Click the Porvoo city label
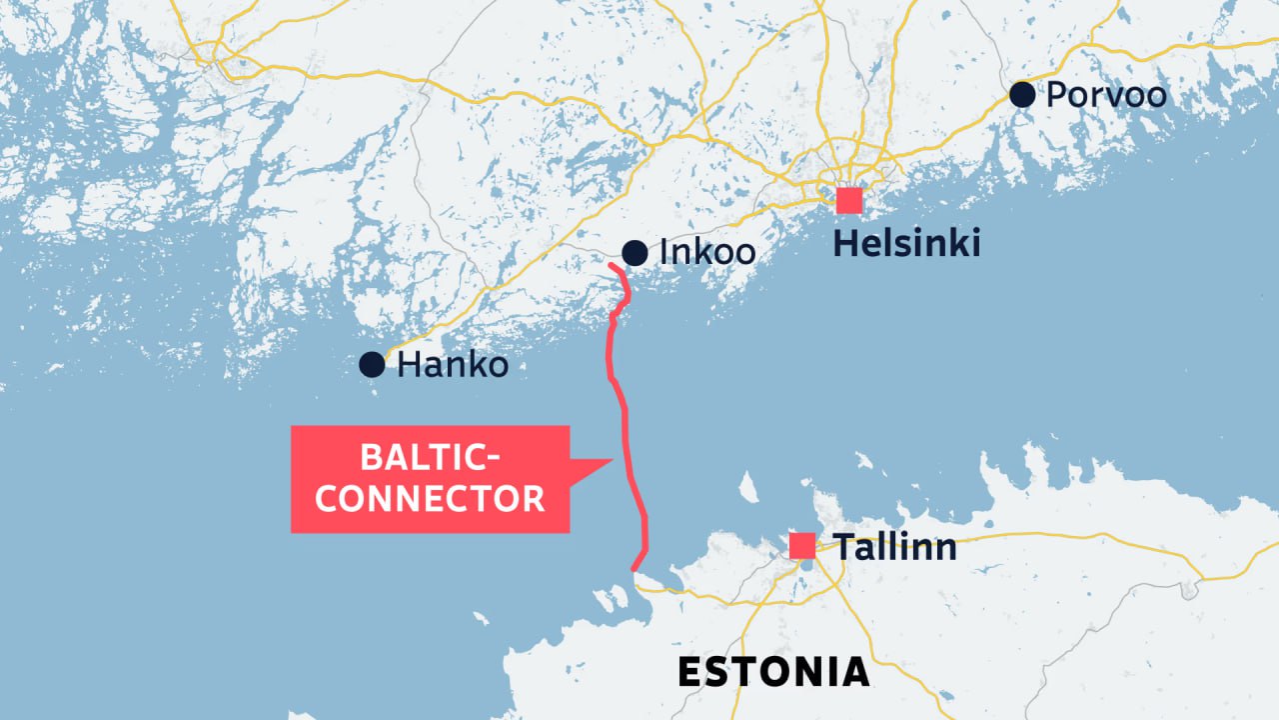click(1106, 96)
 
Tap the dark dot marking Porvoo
click(1021, 95)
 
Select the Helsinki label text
click(906, 243)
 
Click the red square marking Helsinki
click(849, 200)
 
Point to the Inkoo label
click(707, 252)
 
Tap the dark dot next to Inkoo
click(634, 253)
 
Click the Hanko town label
click(453, 365)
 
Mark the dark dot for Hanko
click(372, 364)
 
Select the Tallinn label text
click(895, 547)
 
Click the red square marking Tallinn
click(802, 546)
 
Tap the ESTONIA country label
click(773, 672)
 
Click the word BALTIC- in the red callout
click(430, 460)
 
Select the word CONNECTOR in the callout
click(430, 498)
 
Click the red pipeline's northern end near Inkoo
click(611, 264)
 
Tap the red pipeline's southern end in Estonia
click(634, 570)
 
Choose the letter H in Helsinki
click(844, 243)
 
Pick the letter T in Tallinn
click(843, 547)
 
